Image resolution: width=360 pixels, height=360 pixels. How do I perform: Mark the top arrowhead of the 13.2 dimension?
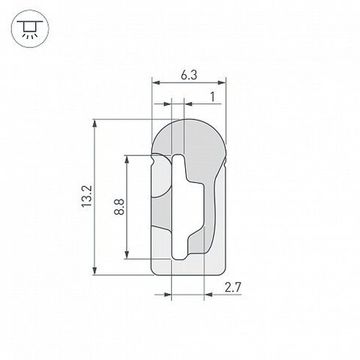tap(95, 124)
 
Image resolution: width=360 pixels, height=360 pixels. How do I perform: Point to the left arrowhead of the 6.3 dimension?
tap(155, 83)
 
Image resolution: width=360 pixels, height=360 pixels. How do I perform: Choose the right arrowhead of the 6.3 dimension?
tap(221, 83)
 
